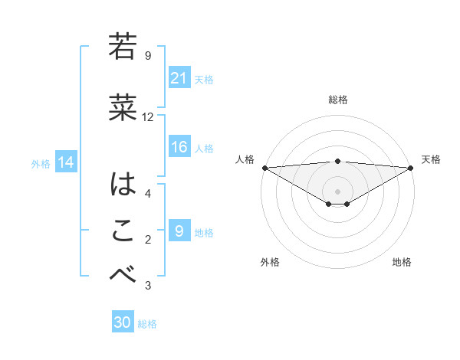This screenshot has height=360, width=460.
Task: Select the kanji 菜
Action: point(123,108)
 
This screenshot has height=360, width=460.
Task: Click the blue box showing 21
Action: point(179,78)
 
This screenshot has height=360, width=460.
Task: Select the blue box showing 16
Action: point(179,148)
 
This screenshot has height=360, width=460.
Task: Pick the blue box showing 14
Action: point(65,162)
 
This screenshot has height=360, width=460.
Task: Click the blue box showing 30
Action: point(123,322)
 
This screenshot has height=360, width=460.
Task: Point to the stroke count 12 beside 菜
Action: point(148,117)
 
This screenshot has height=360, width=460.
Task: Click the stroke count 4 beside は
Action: point(148,193)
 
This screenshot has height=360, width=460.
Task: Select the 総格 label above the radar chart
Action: point(338,100)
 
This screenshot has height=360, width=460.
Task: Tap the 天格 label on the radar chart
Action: point(432,159)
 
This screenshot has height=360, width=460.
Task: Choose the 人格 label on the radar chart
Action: point(244,159)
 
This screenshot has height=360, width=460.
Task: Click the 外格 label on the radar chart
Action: point(270,262)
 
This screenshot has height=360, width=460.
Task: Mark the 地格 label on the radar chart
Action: point(402,262)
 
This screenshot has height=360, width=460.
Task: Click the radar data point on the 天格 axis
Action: point(411,167)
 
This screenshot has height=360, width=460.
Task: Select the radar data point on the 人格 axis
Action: point(264,167)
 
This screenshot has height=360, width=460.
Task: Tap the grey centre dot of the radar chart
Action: point(337,191)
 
